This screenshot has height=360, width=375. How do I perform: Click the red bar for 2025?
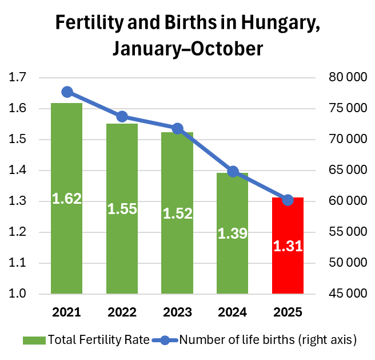(x=288, y=246)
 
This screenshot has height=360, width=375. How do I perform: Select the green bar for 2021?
(x=66, y=199)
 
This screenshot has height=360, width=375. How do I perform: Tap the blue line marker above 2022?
(x=122, y=117)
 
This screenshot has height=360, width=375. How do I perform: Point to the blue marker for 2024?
(x=233, y=172)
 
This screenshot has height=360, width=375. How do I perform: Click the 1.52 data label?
(x=177, y=213)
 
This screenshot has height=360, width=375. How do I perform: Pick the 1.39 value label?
(x=233, y=234)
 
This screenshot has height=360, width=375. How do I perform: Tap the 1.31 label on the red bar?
(x=288, y=246)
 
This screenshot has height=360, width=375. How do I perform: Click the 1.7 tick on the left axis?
(x=17, y=77)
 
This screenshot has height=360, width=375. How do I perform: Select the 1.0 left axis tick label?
(x=17, y=294)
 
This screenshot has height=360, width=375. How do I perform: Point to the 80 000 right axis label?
(x=348, y=77)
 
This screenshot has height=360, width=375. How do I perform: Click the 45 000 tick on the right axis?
(x=348, y=294)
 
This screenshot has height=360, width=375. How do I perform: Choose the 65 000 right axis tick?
(x=348, y=170)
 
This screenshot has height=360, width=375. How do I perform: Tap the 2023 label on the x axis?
(x=177, y=312)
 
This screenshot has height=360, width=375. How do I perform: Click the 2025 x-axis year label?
(x=288, y=312)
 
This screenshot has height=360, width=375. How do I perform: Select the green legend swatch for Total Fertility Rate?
(x=34, y=341)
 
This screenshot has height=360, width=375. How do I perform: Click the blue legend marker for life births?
(x=165, y=340)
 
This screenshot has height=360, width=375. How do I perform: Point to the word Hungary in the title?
(x=280, y=23)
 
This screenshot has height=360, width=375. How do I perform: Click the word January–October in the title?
(x=187, y=49)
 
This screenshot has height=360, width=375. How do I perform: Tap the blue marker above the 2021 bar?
(x=67, y=92)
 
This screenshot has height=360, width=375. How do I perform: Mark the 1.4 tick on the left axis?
(x=17, y=170)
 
